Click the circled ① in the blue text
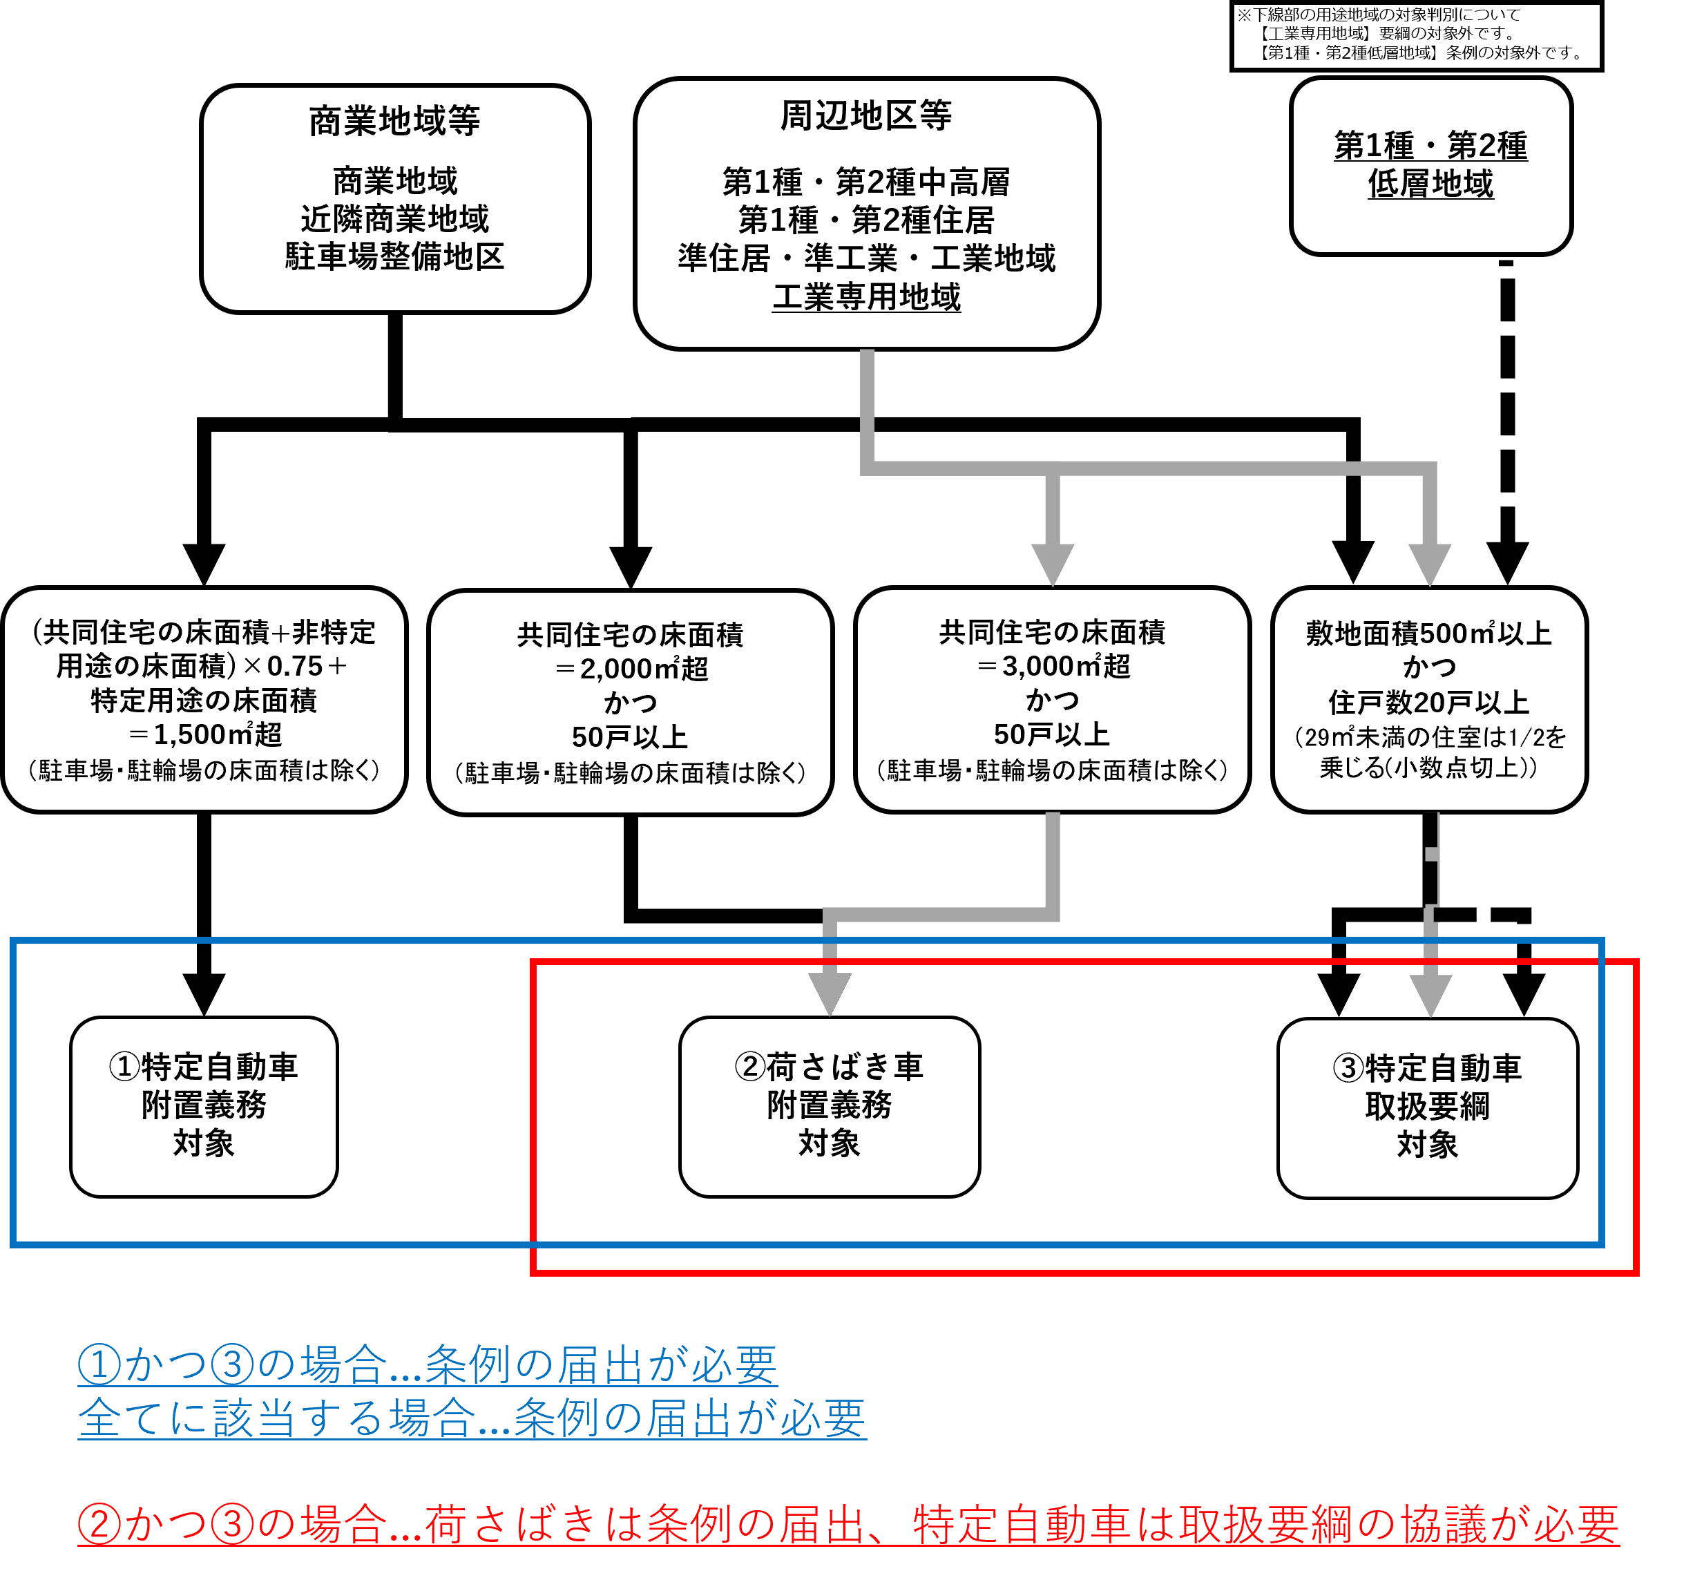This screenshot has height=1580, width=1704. click(99, 1364)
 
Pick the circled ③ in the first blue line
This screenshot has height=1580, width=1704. click(231, 1364)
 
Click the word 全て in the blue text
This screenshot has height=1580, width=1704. click(122, 1418)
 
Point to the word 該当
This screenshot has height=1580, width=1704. click(255, 1418)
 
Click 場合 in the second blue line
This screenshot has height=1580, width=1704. click(431, 1418)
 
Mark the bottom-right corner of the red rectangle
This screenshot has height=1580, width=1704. click(1636, 1273)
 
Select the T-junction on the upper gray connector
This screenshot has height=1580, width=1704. click(1053, 468)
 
